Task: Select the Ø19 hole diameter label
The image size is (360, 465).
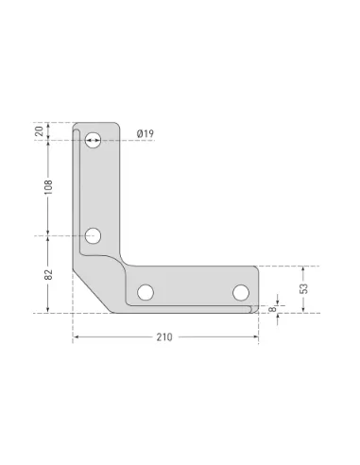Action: [145, 134]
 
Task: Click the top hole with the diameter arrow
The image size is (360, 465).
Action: [93, 140]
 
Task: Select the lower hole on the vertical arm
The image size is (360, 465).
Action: [93, 235]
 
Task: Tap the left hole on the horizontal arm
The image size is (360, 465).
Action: [146, 292]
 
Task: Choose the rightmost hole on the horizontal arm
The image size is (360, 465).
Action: [241, 292]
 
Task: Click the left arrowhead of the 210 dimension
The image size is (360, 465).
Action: [76, 338]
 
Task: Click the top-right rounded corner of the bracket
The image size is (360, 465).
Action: [118, 125]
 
